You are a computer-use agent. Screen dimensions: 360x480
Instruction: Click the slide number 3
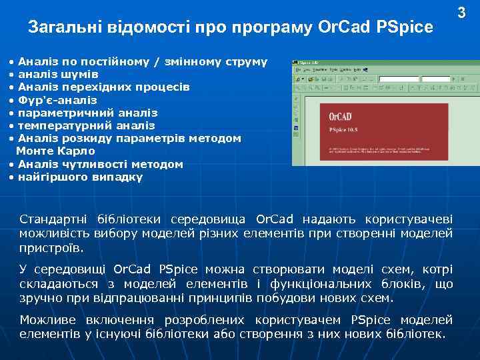(461, 12)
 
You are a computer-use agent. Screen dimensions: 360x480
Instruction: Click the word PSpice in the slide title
(404, 28)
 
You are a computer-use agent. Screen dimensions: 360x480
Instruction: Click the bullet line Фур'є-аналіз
(57, 100)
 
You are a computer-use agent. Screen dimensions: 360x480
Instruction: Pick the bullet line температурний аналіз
(86, 125)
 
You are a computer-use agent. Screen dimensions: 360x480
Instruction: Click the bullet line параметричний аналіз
(87, 113)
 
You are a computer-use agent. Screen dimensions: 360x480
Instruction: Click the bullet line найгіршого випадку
(79, 177)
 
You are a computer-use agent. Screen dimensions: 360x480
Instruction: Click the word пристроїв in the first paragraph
(51, 249)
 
